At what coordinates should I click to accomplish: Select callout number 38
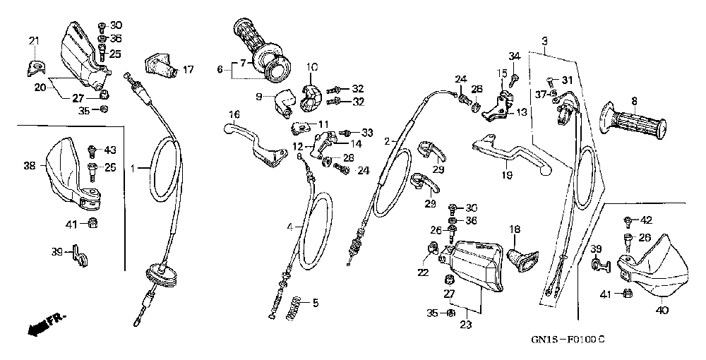pyautogui.click(x=29, y=167)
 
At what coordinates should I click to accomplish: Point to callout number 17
pyautogui.click(x=187, y=69)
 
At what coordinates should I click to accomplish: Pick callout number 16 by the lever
pyautogui.click(x=234, y=114)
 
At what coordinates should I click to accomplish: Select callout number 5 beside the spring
pyautogui.click(x=315, y=304)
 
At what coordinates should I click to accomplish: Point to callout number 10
pyautogui.click(x=312, y=67)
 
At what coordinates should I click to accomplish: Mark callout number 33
pyautogui.click(x=366, y=132)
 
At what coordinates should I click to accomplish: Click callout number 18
pyautogui.click(x=514, y=229)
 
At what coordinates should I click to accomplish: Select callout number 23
pyautogui.click(x=464, y=325)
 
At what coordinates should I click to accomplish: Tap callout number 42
pyautogui.click(x=646, y=220)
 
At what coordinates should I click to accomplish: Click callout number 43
pyautogui.click(x=110, y=150)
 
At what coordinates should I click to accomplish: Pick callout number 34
pyautogui.click(x=514, y=55)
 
